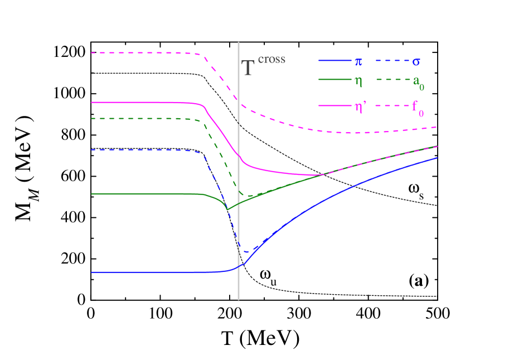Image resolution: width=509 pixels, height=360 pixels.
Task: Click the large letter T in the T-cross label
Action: click(248, 68)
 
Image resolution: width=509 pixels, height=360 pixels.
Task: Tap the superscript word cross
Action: click(272, 59)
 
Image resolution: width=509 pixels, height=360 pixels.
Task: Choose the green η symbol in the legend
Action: click(358, 81)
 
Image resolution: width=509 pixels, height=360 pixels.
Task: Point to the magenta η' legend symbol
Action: click(360, 106)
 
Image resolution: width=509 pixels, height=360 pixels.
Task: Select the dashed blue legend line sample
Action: click(391, 60)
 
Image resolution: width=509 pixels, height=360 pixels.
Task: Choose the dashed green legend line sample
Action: click(391, 80)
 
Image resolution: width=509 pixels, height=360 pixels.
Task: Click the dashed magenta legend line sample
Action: click(391, 106)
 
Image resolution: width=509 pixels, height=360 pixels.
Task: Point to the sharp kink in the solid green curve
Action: click(227, 210)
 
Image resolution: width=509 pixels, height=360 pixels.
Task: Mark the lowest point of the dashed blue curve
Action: click(246, 252)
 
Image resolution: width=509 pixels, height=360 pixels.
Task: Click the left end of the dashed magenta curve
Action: click(91, 53)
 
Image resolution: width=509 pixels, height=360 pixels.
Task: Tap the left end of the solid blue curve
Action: click(91, 272)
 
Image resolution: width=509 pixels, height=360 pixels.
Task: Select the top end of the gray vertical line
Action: click(239, 42)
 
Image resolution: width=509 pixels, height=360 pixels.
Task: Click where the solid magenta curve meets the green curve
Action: click(322, 175)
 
